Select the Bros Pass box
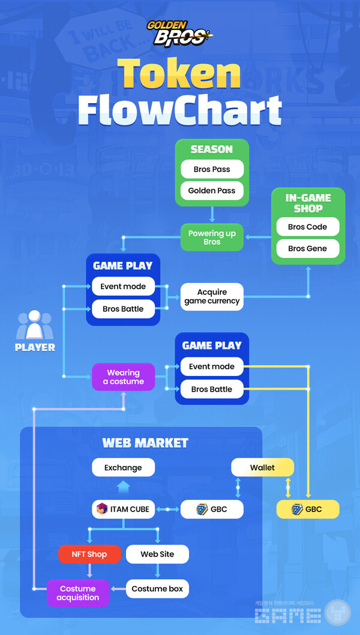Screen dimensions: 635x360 212,169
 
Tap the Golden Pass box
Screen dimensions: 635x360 212,191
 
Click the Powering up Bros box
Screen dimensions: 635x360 212,237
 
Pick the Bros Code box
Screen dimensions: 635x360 308,227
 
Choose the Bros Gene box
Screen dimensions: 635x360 308,248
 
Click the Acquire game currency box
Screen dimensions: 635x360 212,296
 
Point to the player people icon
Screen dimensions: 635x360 35,326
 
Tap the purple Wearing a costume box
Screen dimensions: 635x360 123,377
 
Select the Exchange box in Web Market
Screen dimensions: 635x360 123,467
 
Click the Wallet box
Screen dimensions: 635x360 263,467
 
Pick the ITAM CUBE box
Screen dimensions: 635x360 123,509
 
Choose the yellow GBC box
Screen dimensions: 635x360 308,509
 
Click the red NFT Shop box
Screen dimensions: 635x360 89,554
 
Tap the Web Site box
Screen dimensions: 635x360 157,554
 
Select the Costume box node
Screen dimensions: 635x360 157,589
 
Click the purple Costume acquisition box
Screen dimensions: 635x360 78,593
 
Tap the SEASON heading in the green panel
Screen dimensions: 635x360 212,149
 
